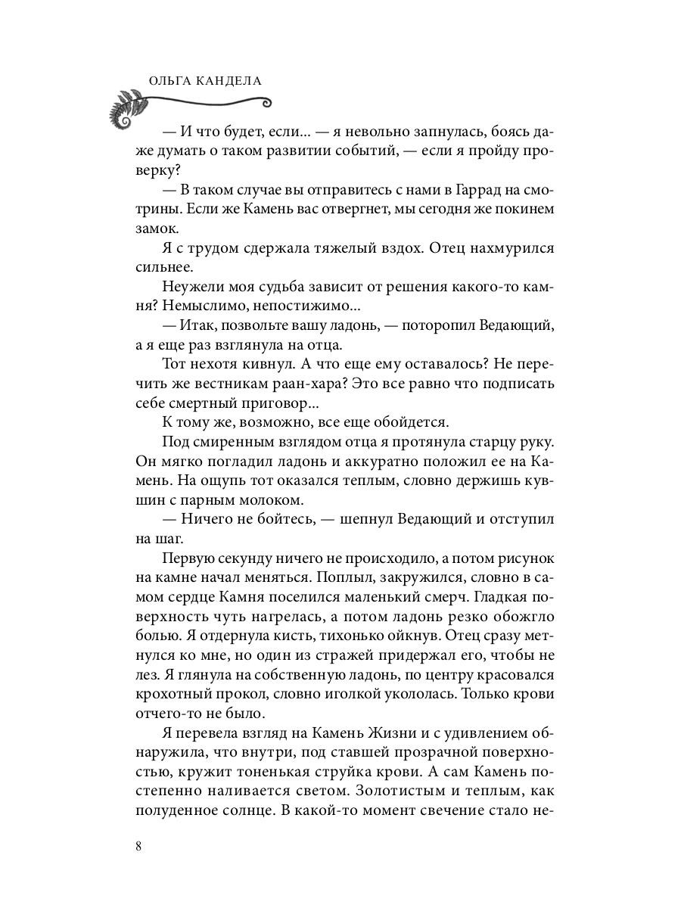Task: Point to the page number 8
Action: tap(138, 846)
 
